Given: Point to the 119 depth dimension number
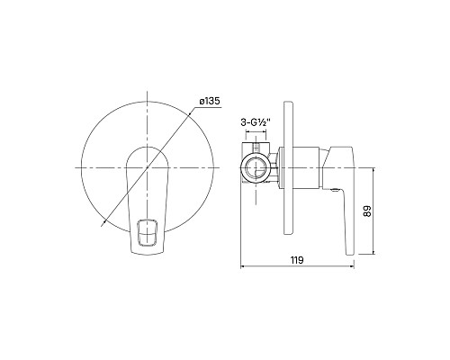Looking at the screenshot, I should coord(296,260).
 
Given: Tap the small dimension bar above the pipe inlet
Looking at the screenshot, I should coord(258,140).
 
